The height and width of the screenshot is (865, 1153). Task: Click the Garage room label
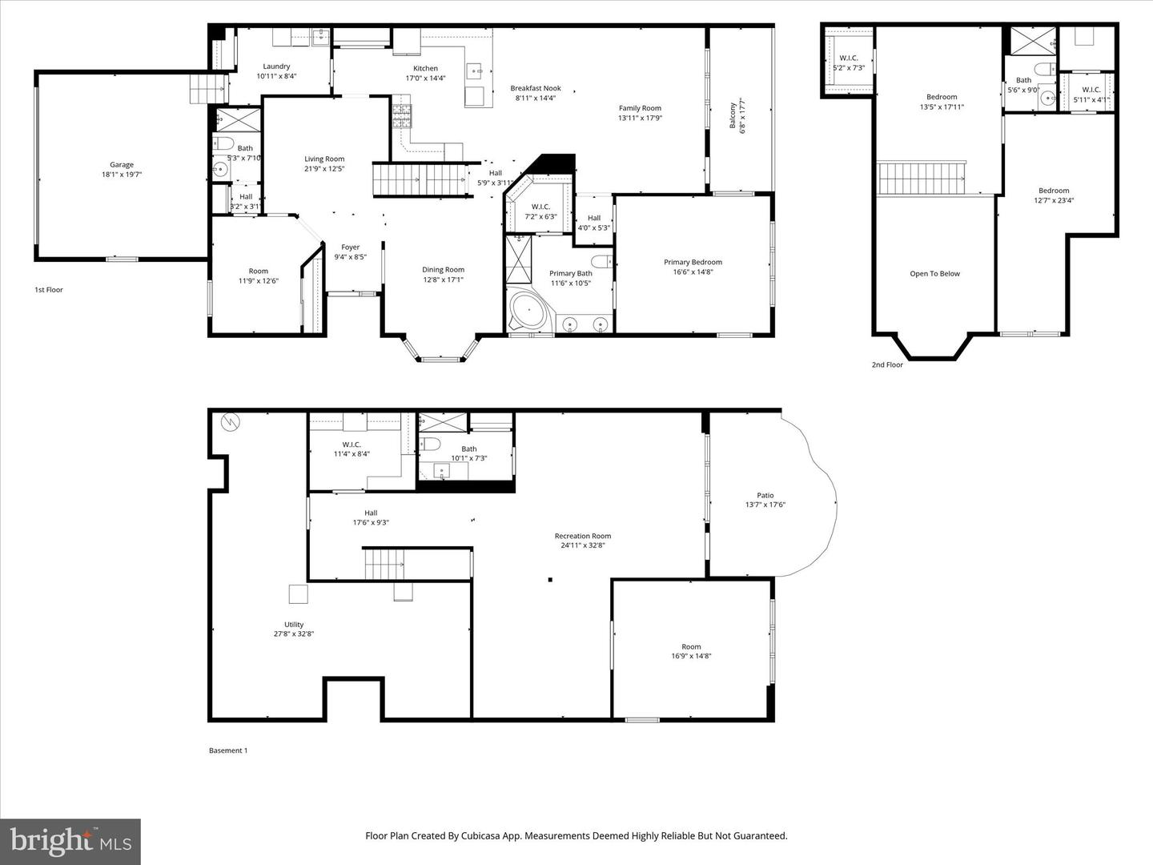click(122, 165)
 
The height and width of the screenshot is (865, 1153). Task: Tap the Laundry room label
click(276, 66)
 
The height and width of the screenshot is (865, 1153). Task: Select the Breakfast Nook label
click(536, 88)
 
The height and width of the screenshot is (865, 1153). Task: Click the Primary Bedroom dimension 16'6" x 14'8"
click(693, 272)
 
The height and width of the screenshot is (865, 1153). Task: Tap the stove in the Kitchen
click(401, 117)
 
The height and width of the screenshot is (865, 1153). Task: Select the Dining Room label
click(443, 270)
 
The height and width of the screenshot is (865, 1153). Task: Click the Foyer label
click(350, 247)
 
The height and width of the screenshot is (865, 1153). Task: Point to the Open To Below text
click(934, 274)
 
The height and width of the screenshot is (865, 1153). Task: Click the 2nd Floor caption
click(887, 365)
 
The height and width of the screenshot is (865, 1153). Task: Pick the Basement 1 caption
click(228, 750)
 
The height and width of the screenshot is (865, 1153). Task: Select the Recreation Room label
click(582, 536)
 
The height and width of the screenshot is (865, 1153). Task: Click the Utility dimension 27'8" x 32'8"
click(294, 634)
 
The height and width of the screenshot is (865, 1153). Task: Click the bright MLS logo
click(70, 841)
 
